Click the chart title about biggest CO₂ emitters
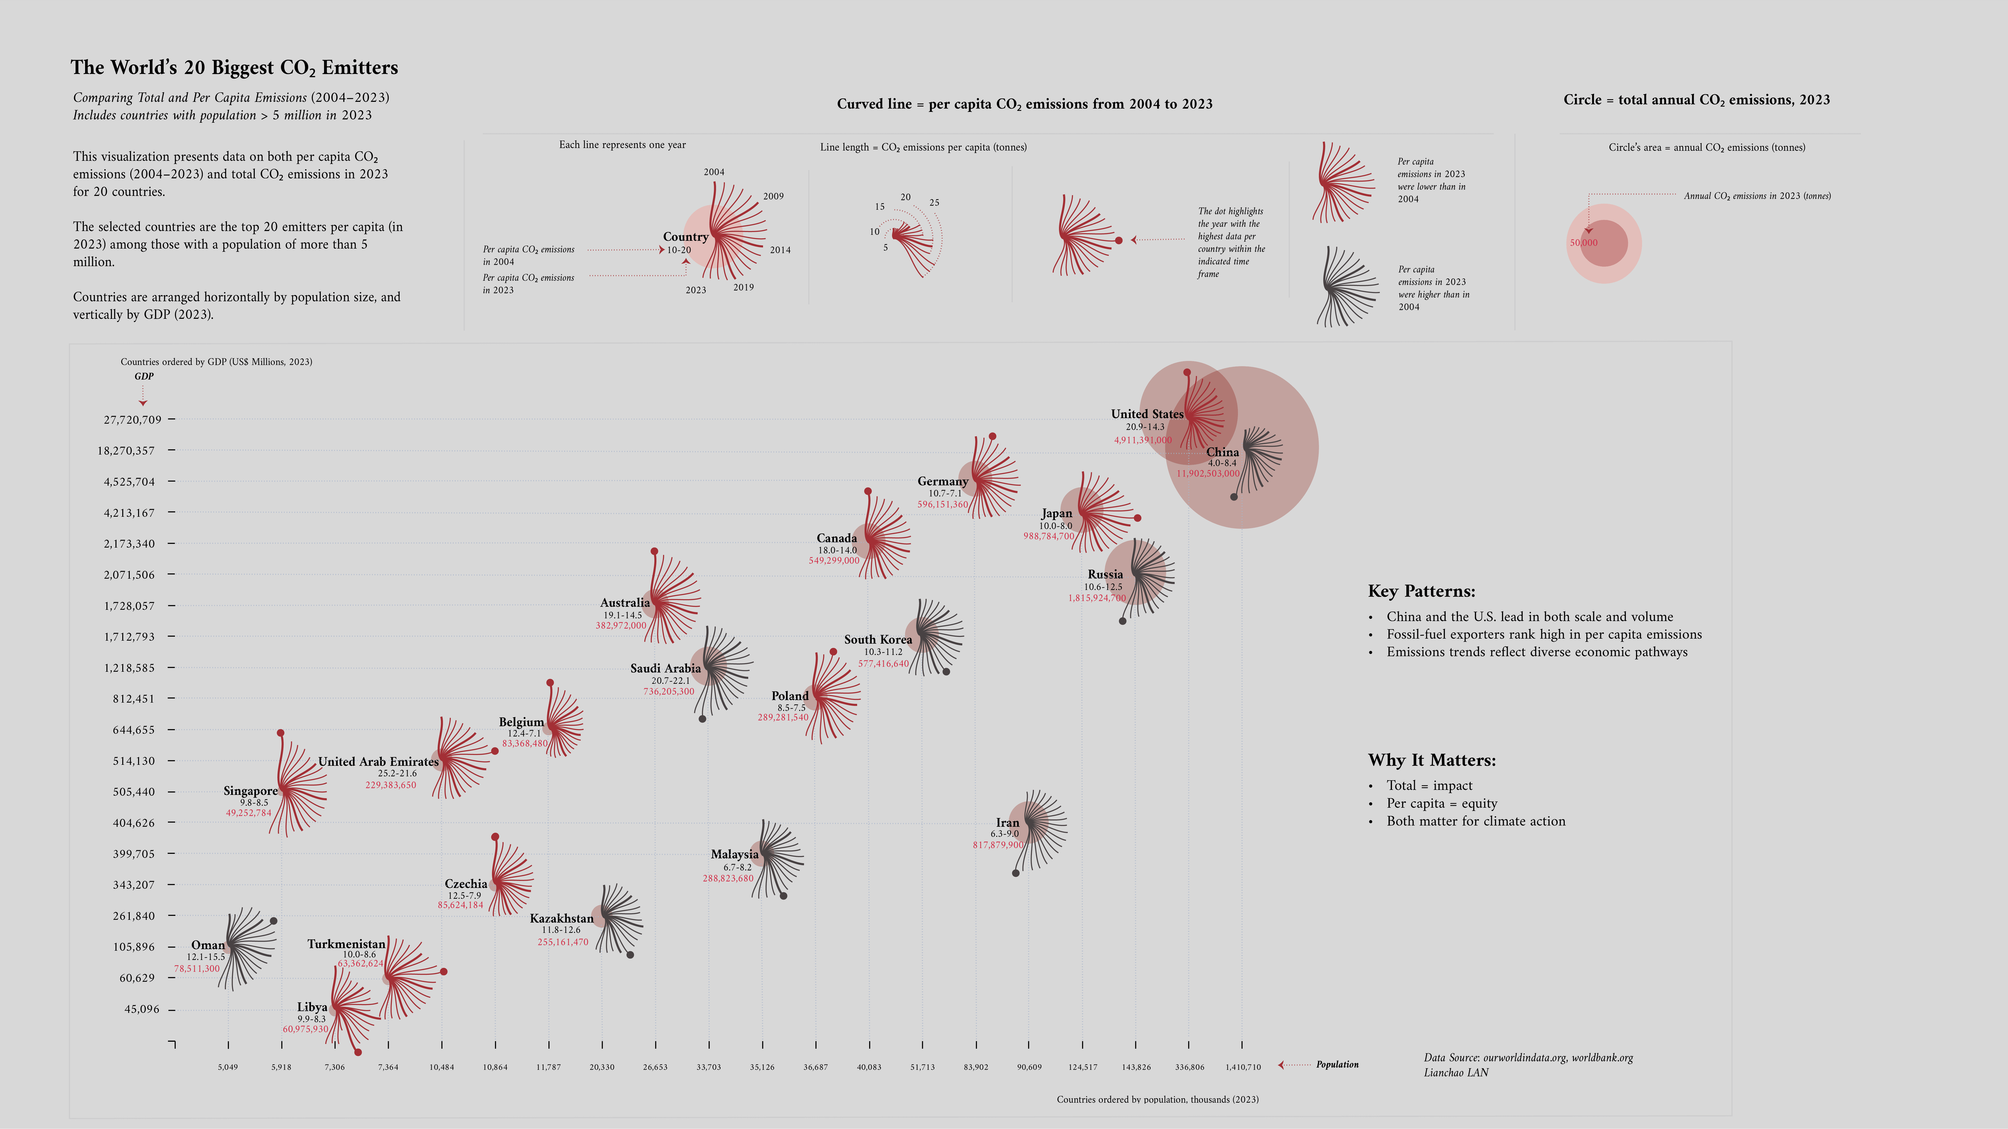(234, 68)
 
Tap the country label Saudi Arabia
(665, 668)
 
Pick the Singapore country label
(250, 791)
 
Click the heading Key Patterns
(1421, 591)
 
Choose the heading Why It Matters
(1431, 761)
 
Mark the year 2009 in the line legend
(773, 196)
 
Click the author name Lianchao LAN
(1455, 1073)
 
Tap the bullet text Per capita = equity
(1441, 803)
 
